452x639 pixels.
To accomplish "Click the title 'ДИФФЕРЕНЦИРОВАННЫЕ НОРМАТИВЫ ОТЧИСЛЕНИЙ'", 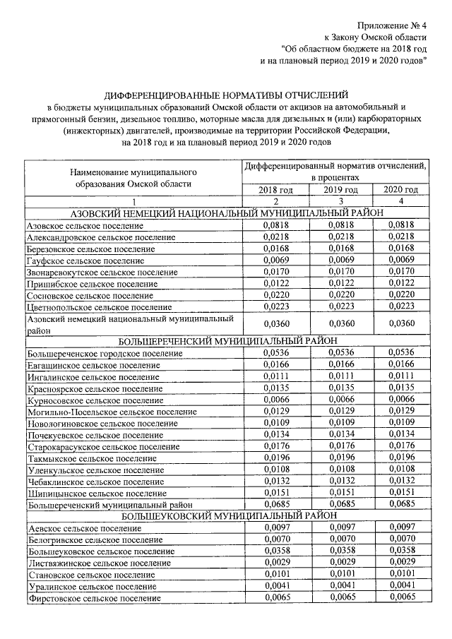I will coord(226,95).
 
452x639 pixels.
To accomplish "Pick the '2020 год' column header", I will coord(400,190).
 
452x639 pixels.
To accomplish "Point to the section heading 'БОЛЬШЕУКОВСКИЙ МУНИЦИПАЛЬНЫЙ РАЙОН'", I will coord(226,516).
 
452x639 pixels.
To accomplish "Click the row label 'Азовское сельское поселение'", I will coord(85,225).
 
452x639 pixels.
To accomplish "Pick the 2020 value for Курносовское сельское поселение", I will coord(400,399).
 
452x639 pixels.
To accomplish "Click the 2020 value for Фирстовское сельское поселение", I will coord(400,598).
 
